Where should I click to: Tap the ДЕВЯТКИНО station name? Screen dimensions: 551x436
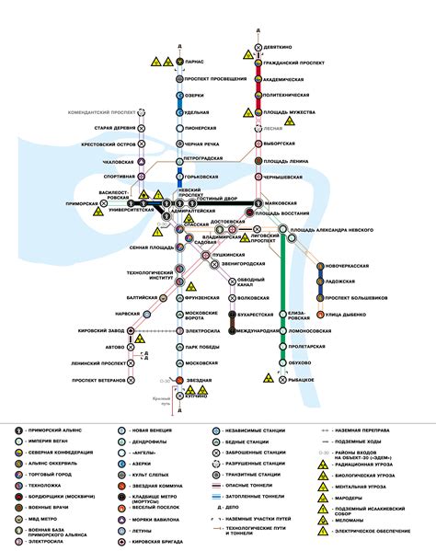281,44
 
